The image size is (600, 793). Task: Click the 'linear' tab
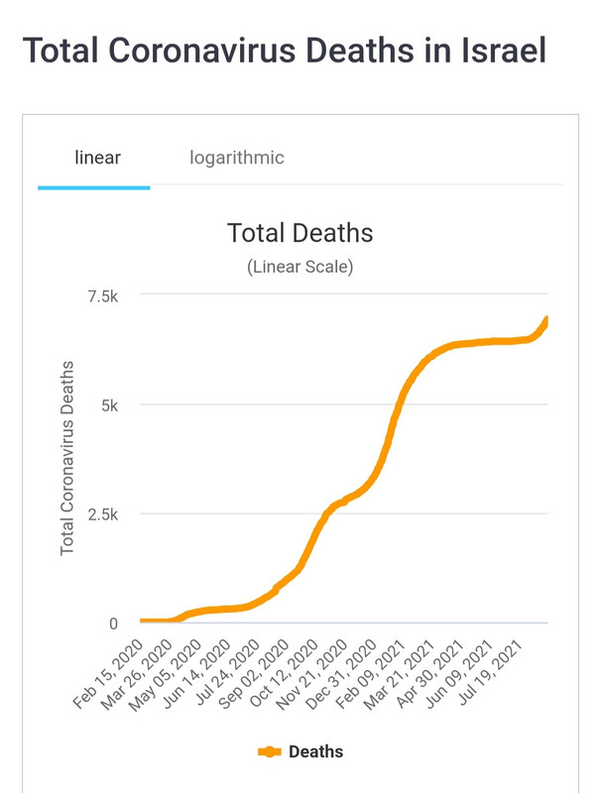[x=97, y=158]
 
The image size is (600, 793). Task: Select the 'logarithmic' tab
[x=237, y=158]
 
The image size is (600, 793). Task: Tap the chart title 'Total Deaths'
[x=300, y=233]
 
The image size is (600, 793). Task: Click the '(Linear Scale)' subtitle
[x=300, y=267]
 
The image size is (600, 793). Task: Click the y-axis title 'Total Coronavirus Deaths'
[x=67, y=459]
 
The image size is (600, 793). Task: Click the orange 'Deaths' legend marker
[x=270, y=752]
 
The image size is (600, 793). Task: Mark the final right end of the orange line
[x=546, y=319]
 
